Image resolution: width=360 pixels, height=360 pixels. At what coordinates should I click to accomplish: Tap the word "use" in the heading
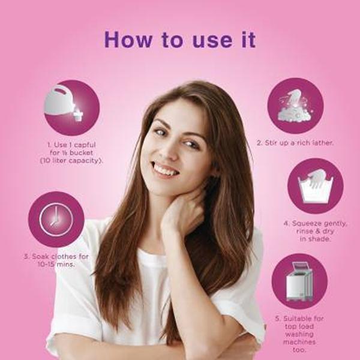point(212,41)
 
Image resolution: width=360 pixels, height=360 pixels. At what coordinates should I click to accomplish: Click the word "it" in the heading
point(248,40)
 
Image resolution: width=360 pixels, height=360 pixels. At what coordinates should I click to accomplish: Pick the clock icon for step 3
point(56,220)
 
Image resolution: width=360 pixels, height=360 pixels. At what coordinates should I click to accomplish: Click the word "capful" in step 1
point(85,145)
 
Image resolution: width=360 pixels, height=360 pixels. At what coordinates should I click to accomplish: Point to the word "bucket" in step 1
point(81,152)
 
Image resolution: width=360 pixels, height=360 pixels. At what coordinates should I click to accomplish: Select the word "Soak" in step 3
point(40,256)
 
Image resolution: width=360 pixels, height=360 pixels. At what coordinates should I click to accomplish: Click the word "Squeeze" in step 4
point(305,224)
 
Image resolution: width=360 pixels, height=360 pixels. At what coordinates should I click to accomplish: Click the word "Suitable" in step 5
point(296,319)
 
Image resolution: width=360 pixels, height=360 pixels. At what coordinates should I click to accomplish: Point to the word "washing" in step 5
point(299,334)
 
